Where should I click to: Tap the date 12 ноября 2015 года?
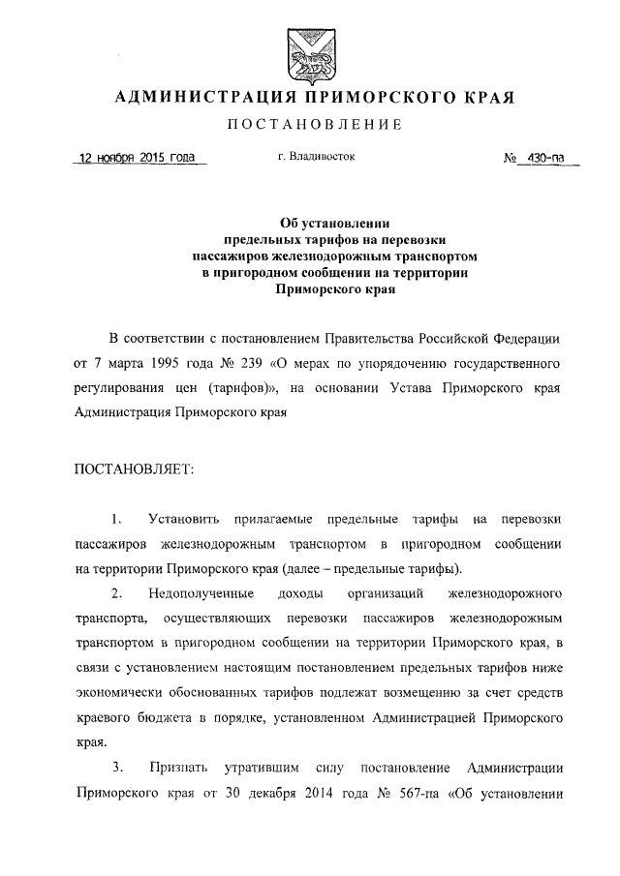[x=138, y=158]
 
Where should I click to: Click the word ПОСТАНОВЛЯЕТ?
[x=134, y=469]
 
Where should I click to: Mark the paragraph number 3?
[x=116, y=769]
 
